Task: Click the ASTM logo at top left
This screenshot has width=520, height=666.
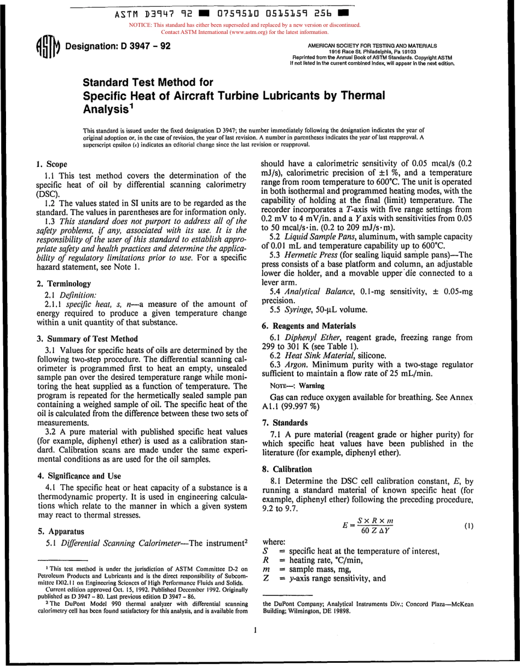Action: pos(45,48)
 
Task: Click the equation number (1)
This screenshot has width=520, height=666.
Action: pos(469,526)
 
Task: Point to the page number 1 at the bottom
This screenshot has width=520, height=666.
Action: pos(256,630)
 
